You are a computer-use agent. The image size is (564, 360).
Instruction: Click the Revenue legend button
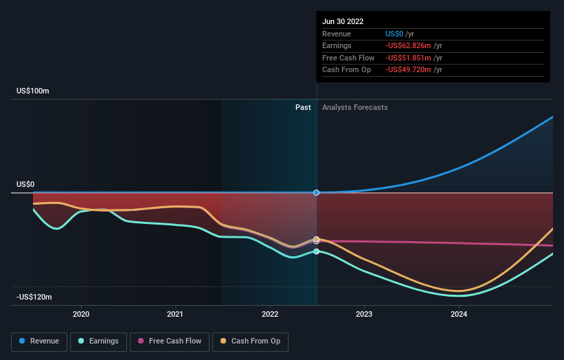pyautogui.click(x=40, y=341)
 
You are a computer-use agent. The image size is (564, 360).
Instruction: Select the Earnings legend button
pyautogui.click(x=98, y=341)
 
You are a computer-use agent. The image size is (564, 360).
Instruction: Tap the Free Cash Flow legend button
pyautogui.click(x=169, y=341)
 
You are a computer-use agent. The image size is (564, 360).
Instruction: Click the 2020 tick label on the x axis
pyautogui.click(x=81, y=314)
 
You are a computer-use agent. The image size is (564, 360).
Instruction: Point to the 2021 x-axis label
pyautogui.click(x=175, y=314)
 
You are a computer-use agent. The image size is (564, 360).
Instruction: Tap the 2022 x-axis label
pyautogui.click(x=270, y=314)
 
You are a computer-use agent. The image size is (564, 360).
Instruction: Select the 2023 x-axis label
pyautogui.click(x=364, y=314)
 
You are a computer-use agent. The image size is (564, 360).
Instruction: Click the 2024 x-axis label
pyautogui.click(x=459, y=314)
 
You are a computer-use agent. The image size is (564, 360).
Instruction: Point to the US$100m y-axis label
pyautogui.click(x=33, y=91)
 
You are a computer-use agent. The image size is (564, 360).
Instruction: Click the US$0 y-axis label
pyautogui.click(x=25, y=185)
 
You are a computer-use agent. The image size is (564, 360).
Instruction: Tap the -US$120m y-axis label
pyautogui.click(x=34, y=297)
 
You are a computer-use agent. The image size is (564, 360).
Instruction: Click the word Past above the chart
pyautogui.click(x=303, y=108)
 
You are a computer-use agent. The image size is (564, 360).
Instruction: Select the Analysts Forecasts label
pyautogui.click(x=354, y=108)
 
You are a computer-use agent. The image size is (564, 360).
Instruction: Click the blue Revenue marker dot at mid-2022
pyautogui.click(x=317, y=192)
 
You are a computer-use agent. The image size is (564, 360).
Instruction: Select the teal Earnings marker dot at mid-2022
pyautogui.click(x=317, y=251)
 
